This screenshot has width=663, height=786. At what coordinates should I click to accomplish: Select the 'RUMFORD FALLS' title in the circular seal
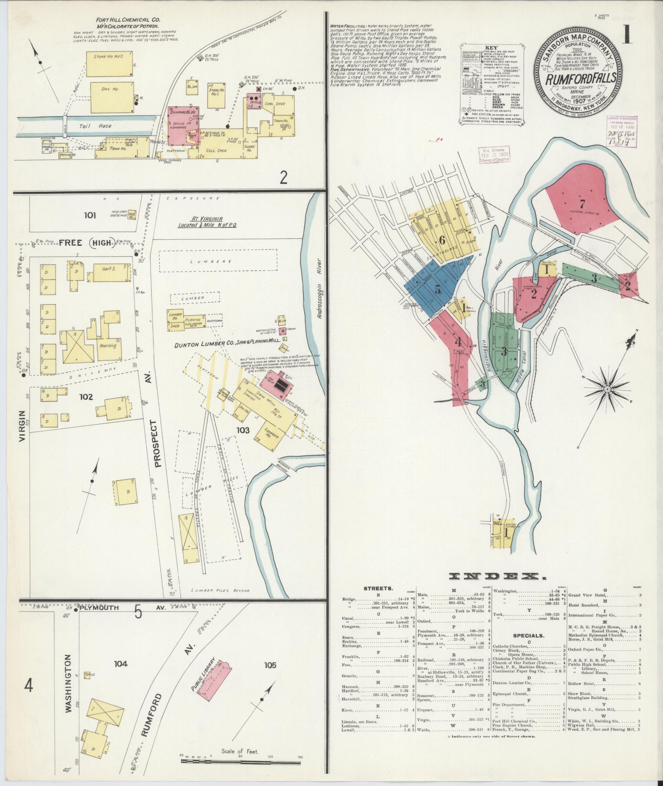tap(580, 79)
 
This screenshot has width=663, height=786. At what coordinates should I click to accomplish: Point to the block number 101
tap(91, 215)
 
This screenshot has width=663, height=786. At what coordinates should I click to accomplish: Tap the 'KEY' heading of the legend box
tap(491, 49)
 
